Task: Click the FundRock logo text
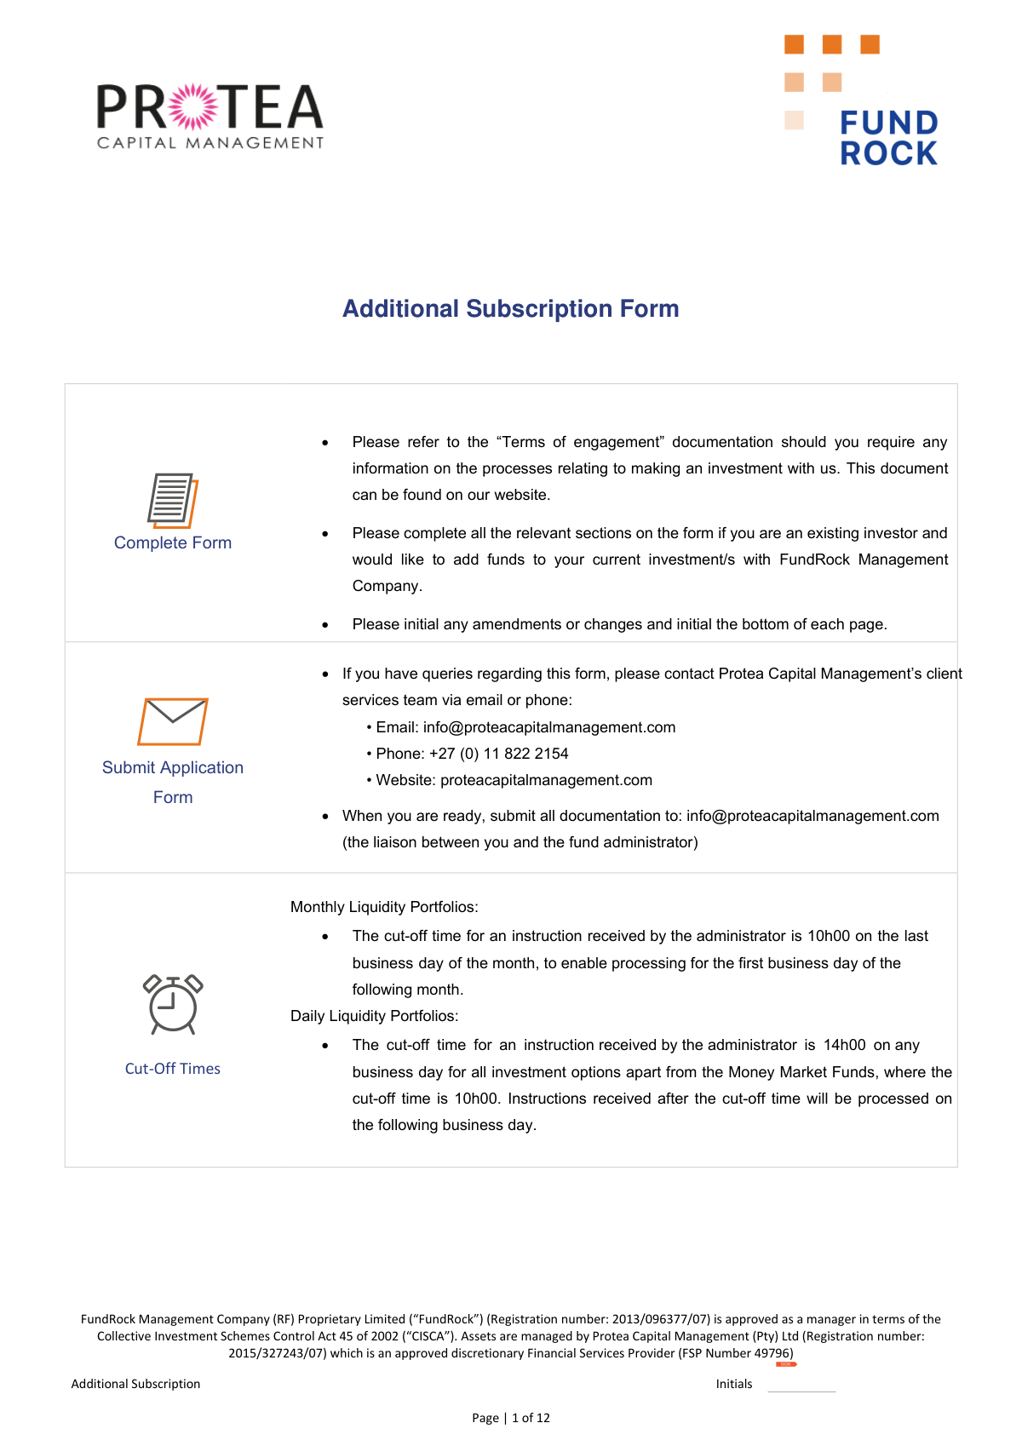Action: [x=888, y=138]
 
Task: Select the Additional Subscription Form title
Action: [x=510, y=308]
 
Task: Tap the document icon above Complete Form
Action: [x=172, y=501]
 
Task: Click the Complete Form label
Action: [x=173, y=542]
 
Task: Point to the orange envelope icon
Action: [x=173, y=721]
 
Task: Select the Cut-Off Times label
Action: [x=173, y=1069]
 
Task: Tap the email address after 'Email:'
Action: [x=549, y=727]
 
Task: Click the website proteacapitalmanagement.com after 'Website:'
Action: [x=546, y=780]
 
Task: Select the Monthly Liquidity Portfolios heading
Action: [x=384, y=907]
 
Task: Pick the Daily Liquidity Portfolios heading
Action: [x=375, y=1016]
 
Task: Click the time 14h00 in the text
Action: [x=844, y=1045]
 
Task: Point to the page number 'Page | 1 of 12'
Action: [x=511, y=1418]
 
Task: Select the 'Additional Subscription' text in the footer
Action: [x=135, y=1384]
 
